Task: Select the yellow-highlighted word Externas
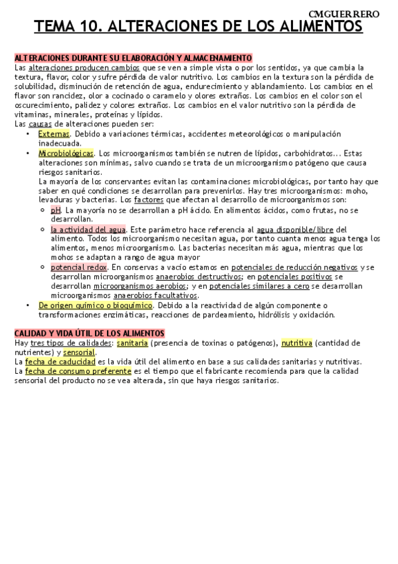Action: [54, 134]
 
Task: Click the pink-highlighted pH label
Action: [55, 210]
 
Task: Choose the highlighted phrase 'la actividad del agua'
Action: [88, 229]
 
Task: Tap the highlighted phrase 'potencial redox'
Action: [78, 267]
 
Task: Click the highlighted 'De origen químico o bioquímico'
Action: [96, 305]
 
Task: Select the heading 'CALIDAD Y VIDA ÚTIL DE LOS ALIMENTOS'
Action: [89, 333]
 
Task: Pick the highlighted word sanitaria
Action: [132, 343]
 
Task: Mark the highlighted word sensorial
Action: [79, 352]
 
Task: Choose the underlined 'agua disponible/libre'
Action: [294, 229]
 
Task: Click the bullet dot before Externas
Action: [27, 134]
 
